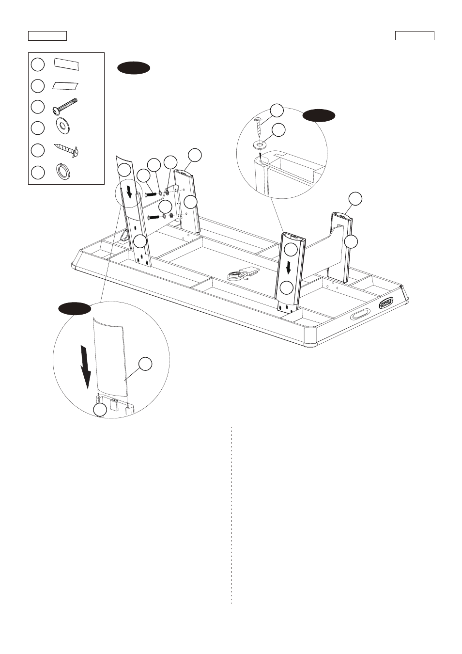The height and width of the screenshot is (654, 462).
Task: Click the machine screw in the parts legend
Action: point(65,106)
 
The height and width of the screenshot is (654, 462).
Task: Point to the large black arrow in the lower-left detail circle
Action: point(85,367)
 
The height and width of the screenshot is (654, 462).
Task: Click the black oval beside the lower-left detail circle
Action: point(75,309)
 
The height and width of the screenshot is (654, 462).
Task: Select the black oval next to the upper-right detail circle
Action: point(319,115)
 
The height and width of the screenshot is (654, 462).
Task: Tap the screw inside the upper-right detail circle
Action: point(258,126)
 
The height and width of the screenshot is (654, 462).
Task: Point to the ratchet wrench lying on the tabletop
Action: point(240,275)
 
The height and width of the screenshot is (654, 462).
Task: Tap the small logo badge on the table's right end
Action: point(386,303)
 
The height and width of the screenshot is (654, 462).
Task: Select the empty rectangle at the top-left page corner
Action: point(47,36)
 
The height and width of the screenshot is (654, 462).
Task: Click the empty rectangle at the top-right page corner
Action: point(415,36)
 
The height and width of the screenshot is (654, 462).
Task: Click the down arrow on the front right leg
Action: point(289,267)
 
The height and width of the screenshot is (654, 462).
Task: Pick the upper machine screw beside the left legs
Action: point(149,194)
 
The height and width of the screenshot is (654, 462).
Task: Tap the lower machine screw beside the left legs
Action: point(154,217)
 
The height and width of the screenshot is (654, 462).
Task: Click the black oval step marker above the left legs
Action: point(134,68)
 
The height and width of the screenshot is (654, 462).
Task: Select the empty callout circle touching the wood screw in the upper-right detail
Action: point(277,110)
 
